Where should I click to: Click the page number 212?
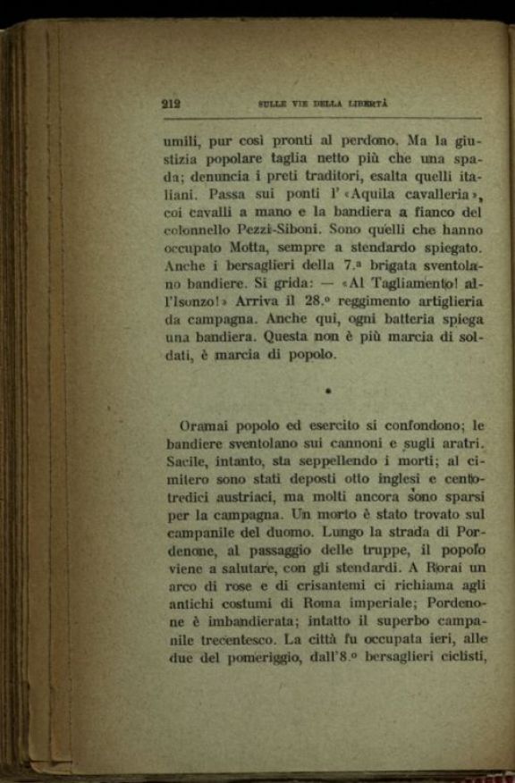[x=171, y=103]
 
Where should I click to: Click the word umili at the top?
[x=182, y=141]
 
